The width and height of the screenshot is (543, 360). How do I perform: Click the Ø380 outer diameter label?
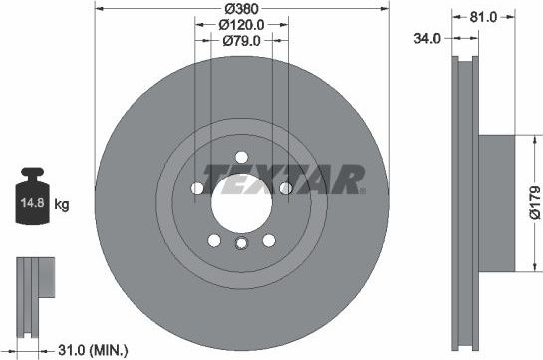tap(240, 8)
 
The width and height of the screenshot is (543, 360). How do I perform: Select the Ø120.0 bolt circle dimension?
tap(240, 24)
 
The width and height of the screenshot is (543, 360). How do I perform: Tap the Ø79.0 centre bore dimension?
tap(240, 40)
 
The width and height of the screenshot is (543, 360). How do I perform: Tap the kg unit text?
tap(62, 205)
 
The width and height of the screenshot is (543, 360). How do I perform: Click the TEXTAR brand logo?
tap(284, 180)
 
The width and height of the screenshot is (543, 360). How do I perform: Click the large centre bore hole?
tap(240, 199)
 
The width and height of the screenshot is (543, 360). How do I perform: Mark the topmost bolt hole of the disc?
tap(240, 155)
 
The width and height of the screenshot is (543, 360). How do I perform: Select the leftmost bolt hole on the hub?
tap(196, 188)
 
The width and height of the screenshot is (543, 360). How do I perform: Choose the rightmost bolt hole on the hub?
tap(285, 188)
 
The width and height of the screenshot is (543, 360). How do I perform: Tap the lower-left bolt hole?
tap(213, 239)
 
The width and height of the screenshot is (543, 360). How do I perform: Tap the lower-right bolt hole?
tap(268, 239)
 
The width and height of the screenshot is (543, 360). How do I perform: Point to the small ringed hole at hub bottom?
tap(240, 245)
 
